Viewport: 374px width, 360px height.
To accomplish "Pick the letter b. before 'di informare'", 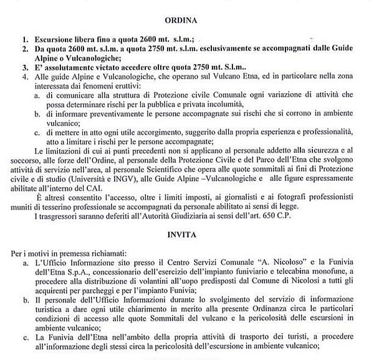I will pyautogui.click(x=39, y=114).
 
